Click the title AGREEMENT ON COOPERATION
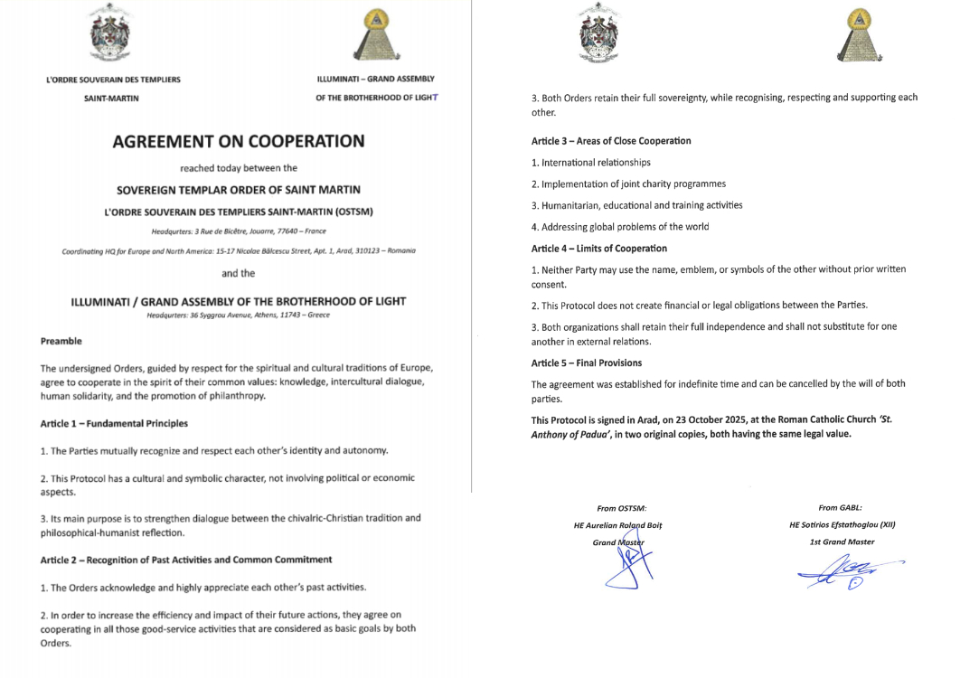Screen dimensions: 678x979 tap(239, 141)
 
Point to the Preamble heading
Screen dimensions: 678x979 tap(61, 341)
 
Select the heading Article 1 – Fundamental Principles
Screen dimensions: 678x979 tap(114, 423)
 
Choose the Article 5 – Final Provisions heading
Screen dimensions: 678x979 tap(587, 363)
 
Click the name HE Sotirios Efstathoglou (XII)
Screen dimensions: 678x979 tap(842, 524)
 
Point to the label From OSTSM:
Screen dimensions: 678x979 tap(622, 508)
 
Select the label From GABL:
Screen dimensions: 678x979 tap(840, 508)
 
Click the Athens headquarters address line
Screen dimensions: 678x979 tap(238, 315)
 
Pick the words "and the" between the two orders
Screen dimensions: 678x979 tap(238, 273)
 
